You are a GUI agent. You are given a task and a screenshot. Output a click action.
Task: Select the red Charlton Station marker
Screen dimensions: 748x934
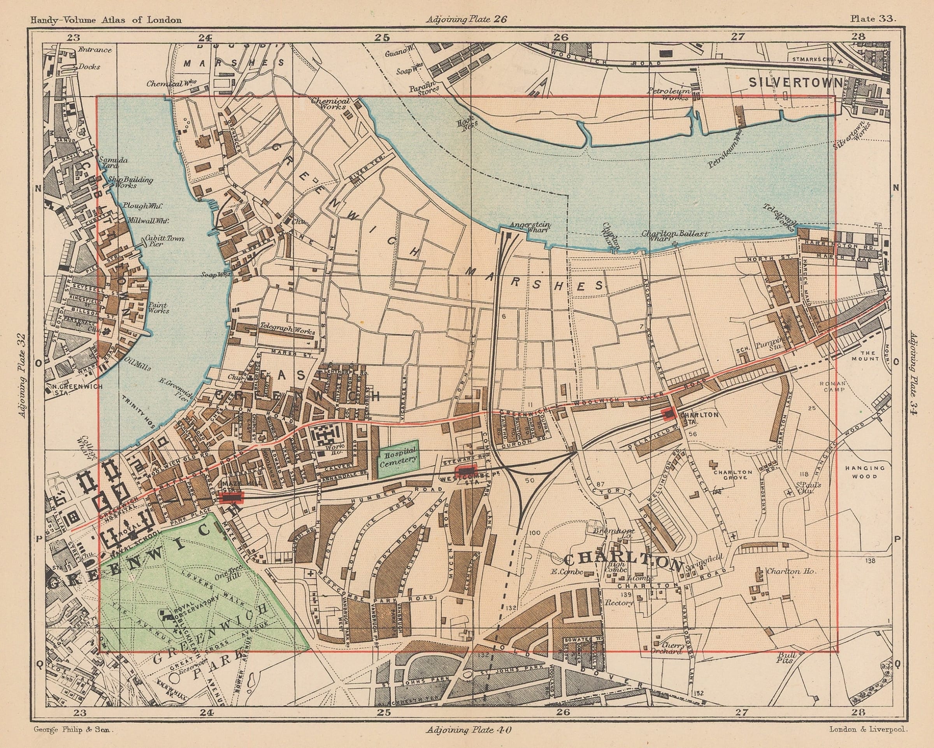[x=669, y=415]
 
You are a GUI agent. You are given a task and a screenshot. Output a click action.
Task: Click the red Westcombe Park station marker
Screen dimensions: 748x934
[x=466, y=471]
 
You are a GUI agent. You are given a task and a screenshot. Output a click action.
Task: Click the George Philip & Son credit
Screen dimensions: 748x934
[x=73, y=729]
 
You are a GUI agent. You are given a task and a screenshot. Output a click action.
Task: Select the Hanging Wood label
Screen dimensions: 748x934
[x=866, y=472]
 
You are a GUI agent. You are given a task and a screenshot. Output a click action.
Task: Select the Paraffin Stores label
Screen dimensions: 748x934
[x=424, y=89]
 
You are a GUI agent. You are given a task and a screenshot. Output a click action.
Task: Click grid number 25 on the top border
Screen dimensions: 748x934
[x=383, y=37]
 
